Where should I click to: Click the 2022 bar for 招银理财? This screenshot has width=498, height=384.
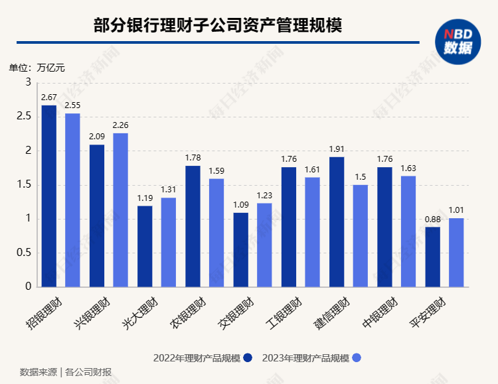[49, 196]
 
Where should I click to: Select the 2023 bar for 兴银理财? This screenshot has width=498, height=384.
[120, 210]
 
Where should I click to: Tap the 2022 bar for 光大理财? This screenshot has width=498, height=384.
[145, 246]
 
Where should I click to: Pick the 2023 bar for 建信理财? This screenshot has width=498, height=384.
[360, 235]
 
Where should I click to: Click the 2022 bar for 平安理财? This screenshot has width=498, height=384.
[432, 257]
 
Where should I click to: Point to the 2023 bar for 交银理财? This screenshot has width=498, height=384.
[264, 245]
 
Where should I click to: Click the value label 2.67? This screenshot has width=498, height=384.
[49, 98]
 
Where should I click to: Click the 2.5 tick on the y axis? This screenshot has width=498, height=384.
[25, 117]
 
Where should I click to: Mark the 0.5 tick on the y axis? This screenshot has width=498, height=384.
[25, 253]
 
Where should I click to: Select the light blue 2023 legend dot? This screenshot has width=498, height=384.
[357, 358]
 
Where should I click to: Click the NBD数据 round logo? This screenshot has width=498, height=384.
[457, 42]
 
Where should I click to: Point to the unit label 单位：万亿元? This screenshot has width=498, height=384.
[37, 67]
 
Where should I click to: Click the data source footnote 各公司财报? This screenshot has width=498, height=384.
[88, 371]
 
